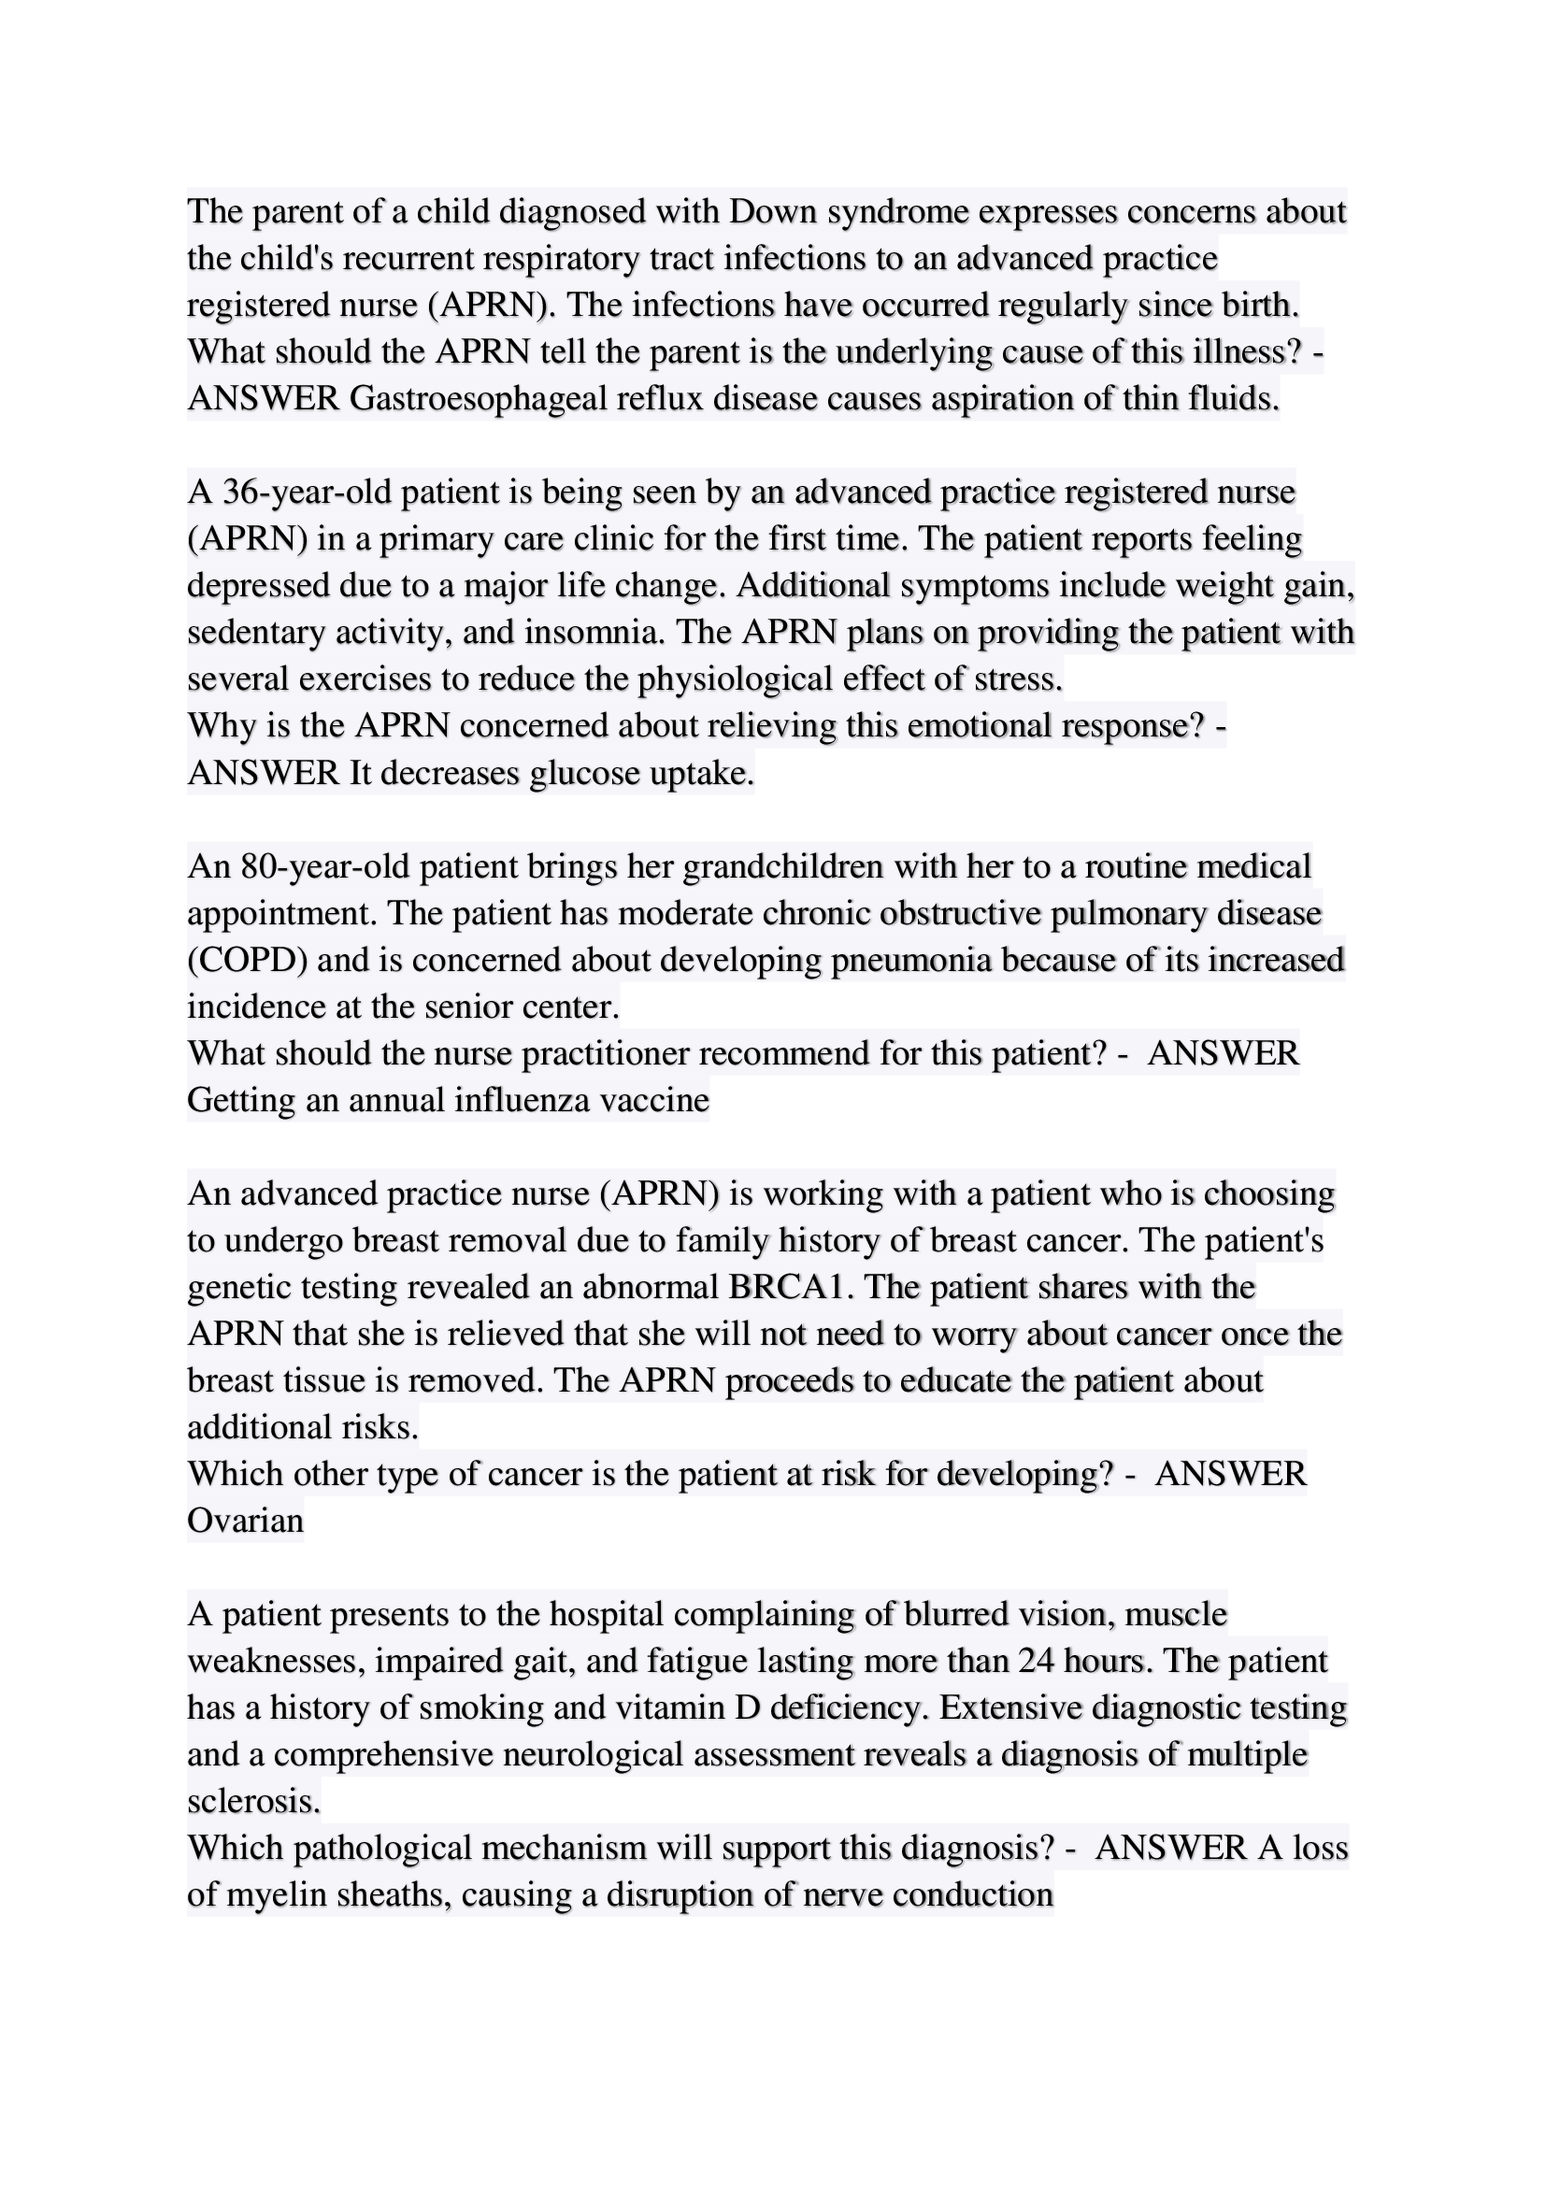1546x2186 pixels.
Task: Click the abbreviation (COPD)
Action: point(247,960)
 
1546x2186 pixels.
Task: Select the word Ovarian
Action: point(246,1521)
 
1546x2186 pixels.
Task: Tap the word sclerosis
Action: point(253,1801)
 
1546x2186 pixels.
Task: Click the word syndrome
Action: point(896,211)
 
